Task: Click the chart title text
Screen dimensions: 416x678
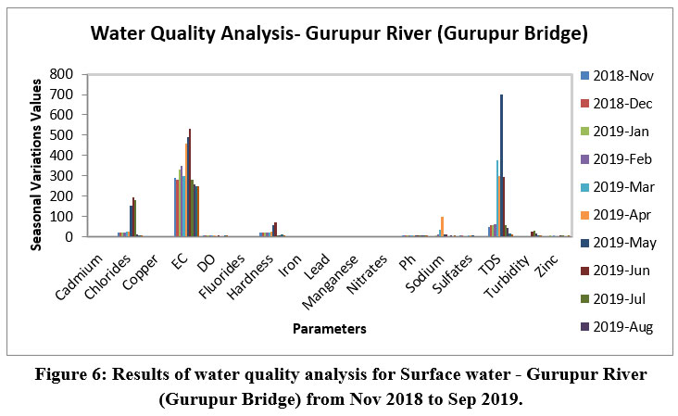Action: tap(339, 35)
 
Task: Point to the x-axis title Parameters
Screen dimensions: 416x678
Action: tap(328, 328)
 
